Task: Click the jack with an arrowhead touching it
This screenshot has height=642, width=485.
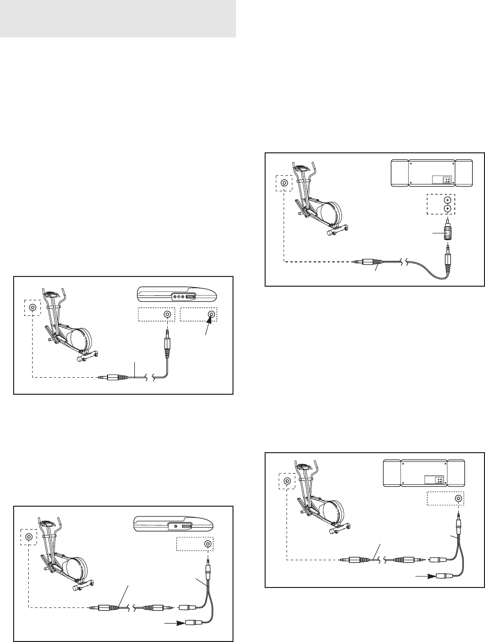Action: [211, 314]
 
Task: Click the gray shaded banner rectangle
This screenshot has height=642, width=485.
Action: [118, 19]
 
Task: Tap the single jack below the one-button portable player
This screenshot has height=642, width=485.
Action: [208, 544]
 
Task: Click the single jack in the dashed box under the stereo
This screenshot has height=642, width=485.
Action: [458, 498]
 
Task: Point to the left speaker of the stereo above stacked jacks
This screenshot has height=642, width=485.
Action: [399, 172]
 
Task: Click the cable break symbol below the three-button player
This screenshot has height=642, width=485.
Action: [150, 377]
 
